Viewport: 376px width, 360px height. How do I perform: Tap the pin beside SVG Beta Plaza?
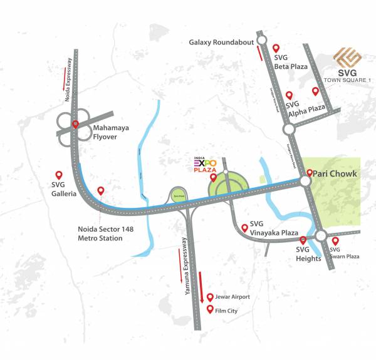pos(276,48)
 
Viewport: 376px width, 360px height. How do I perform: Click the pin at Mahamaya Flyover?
pos(76,124)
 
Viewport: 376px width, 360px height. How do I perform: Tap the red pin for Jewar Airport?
pos(210,297)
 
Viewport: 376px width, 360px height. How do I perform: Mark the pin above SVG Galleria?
pos(59,175)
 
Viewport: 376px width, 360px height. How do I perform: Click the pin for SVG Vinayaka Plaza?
pos(244,227)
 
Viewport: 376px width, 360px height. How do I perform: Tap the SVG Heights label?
pos(308,254)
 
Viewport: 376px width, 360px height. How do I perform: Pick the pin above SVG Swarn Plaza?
pos(335,241)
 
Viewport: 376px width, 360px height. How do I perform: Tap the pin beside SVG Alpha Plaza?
pos(289,95)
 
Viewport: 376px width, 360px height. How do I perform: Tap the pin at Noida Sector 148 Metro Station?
pos(100,190)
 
